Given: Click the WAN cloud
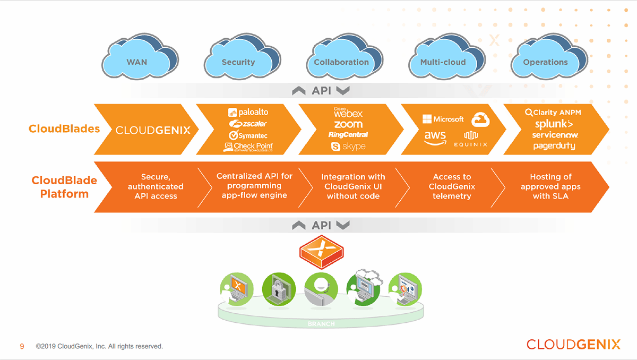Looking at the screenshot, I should pos(137,61).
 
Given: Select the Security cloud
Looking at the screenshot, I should pos(238,61).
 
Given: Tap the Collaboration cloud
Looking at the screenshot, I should pos(341,61).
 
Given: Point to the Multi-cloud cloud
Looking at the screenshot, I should pos(443,61).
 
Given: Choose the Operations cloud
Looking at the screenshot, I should pos(545,61).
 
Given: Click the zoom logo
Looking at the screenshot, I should pos(348,124).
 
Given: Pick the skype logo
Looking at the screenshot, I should pos(348,146).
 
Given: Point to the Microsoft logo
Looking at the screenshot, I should pos(443,119).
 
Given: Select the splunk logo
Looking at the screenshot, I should pos(554,124).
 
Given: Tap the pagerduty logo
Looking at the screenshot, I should pos(554,146).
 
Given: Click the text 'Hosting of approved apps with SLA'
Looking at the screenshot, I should pos(550,186).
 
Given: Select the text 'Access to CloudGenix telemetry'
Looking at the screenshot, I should pos(452,186).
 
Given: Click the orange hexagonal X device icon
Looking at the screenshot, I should pos(322,251).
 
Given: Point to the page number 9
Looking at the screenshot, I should pos(22,346).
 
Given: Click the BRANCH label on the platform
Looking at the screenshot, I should pos(321,324).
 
